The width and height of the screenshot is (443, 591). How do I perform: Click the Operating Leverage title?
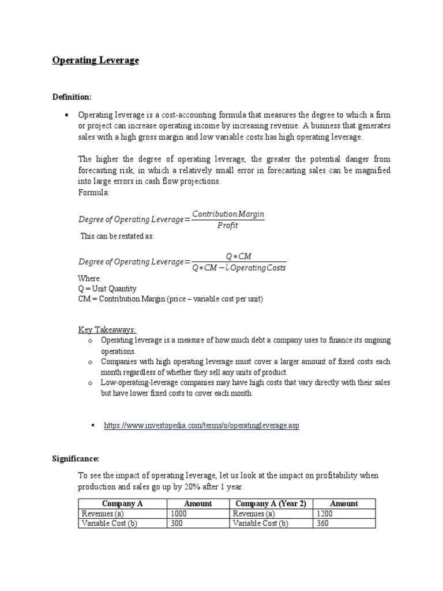click(x=96, y=60)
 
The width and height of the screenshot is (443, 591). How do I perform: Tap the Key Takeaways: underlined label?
click(x=107, y=330)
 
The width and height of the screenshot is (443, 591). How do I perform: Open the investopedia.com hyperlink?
click(x=201, y=425)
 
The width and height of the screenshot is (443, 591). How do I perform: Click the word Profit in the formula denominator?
click(x=228, y=226)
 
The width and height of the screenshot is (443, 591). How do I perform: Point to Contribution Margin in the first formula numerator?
click(x=228, y=214)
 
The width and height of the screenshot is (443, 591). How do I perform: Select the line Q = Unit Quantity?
click(x=107, y=289)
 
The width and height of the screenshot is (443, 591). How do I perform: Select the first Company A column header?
click(x=122, y=503)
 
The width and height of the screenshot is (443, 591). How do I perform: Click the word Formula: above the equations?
click(x=93, y=192)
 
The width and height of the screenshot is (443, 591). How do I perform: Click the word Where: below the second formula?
click(x=89, y=279)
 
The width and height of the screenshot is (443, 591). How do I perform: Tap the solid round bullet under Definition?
click(x=67, y=115)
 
